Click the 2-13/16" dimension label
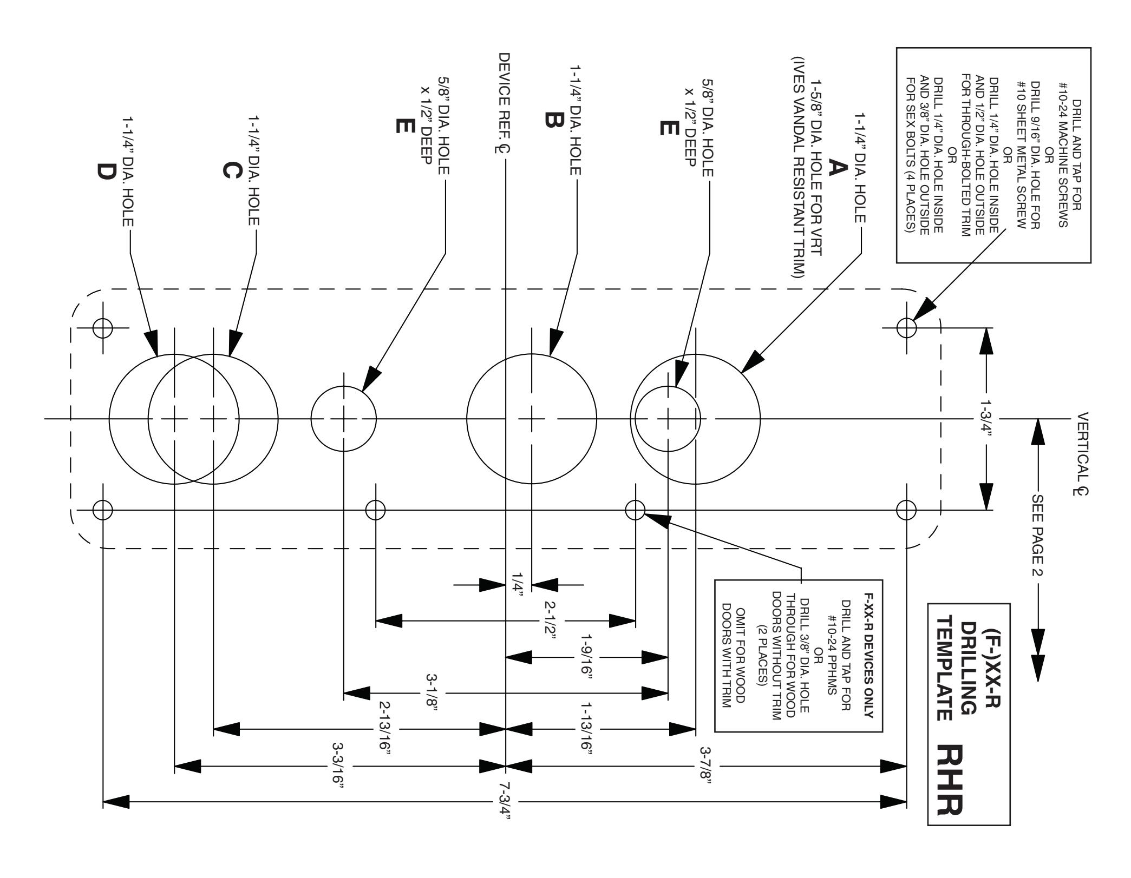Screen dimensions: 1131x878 point(384,730)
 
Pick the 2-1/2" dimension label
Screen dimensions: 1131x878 point(550,620)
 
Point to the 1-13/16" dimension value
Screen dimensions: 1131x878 point(588,730)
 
